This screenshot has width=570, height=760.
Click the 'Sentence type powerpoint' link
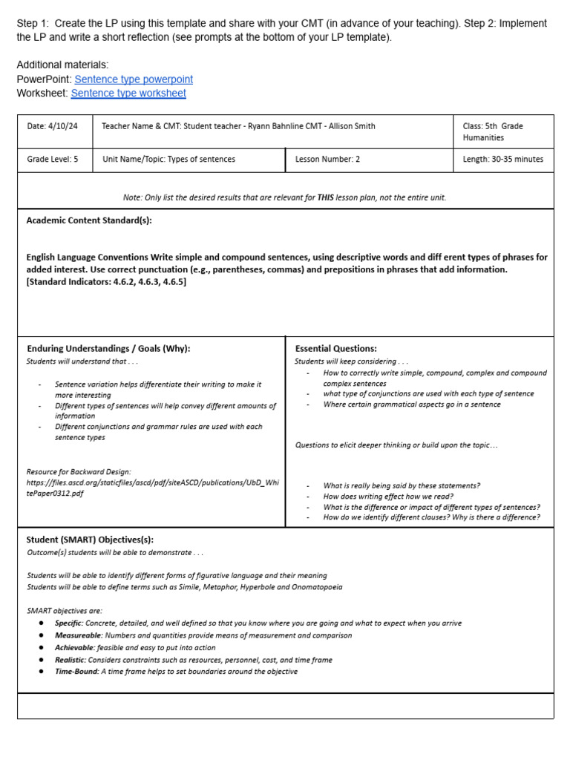tap(134, 79)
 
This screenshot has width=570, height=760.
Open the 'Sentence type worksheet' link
tap(128, 94)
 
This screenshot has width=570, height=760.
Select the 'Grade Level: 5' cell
tap(53, 159)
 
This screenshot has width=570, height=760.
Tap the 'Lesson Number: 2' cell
tap(327, 159)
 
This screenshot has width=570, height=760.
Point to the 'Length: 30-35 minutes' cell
tap(502, 159)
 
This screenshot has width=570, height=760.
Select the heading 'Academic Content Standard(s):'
tap(89, 220)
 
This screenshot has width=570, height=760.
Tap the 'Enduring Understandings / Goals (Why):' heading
tap(108, 348)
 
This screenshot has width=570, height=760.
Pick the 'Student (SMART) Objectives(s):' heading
tap(90, 540)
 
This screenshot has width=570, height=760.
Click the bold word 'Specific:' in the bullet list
tap(69, 623)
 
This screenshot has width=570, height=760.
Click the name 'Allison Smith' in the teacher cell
tap(350, 126)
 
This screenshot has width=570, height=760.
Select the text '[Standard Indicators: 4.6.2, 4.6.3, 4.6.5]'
tap(106, 281)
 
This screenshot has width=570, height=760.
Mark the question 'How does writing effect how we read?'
tap(388, 497)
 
